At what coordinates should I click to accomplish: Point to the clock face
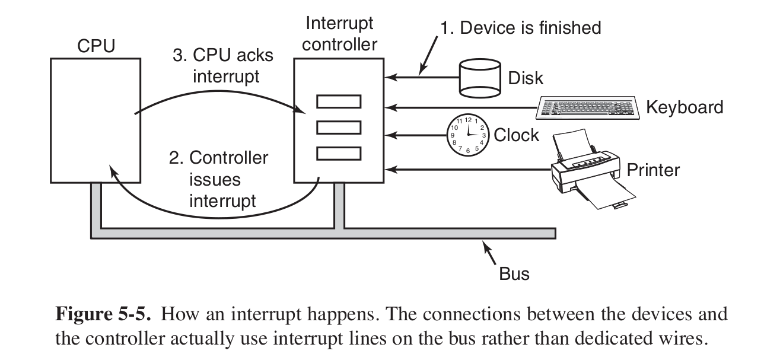click(467, 135)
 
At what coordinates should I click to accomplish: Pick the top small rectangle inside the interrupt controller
click(338, 101)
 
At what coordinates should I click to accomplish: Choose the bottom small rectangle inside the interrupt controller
click(338, 153)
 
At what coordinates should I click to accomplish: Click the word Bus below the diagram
click(514, 274)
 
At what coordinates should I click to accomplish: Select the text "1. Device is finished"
click(520, 27)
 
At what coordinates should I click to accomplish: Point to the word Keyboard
click(685, 107)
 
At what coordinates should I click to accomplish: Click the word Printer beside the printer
click(653, 170)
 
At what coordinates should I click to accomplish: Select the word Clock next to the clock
click(516, 135)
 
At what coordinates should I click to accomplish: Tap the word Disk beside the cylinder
click(526, 78)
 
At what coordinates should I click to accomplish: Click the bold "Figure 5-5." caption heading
click(104, 316)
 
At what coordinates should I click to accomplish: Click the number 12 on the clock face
click(467, 120)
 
